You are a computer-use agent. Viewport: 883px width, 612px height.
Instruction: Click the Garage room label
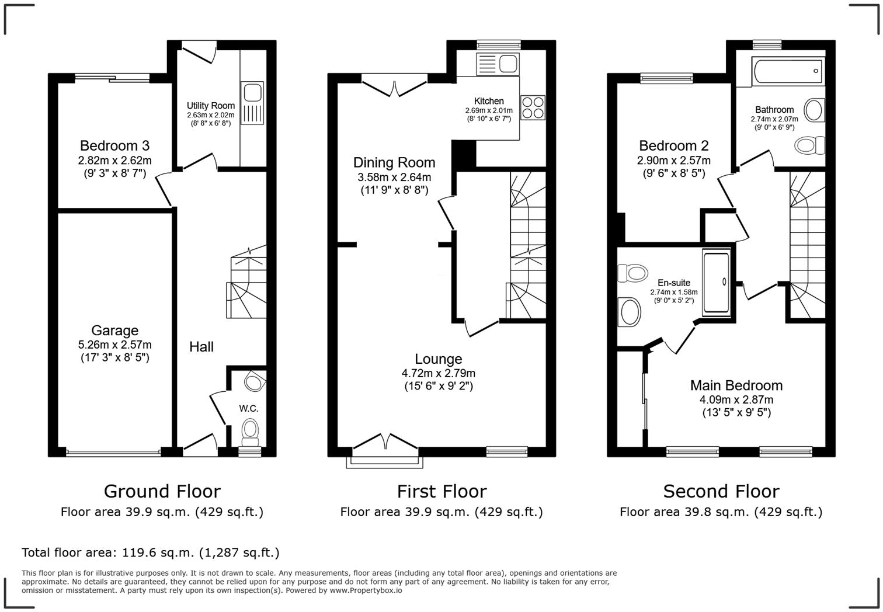pyautogui.click(x=114, y=331)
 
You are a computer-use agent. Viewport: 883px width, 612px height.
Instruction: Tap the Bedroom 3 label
pyautogui.click(x=114, y=145)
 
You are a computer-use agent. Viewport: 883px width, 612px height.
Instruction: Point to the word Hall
pyautogui.click(x=201, y=347)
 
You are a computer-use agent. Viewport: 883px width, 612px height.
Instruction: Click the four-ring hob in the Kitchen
pyautogui.click(x=533, y=107)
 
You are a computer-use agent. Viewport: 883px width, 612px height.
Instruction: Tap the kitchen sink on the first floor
pyautogui.click(x=497, y=64)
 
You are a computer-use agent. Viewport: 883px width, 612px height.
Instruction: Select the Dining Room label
pyautogui.click(x=394, y=162)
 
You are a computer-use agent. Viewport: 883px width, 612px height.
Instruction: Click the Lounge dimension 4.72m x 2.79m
pyautogui.click(x=438, y=373)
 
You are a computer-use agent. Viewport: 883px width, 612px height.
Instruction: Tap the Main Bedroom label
pyautogui.click(x=736, y=385)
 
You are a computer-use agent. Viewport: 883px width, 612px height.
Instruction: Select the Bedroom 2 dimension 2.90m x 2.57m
pyautogui.click(x=673, y=161)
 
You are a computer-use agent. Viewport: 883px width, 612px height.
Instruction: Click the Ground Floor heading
pyautogui.click(x=162, y=491)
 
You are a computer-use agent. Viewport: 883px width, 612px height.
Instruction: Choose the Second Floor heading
pyautogui.click(x=721, y=491)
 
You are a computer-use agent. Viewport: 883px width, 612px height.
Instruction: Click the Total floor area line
pyautogui.click(x=151, y=552)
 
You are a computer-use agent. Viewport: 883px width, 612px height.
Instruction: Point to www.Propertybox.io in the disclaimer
pyautogui.click(x=366, y=590)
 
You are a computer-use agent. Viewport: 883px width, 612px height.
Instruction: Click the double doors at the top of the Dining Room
pyautogui.click(x=394, y=88)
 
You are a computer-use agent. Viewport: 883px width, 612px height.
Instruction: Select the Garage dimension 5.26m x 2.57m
pyautogui.click(x=114, y=345)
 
